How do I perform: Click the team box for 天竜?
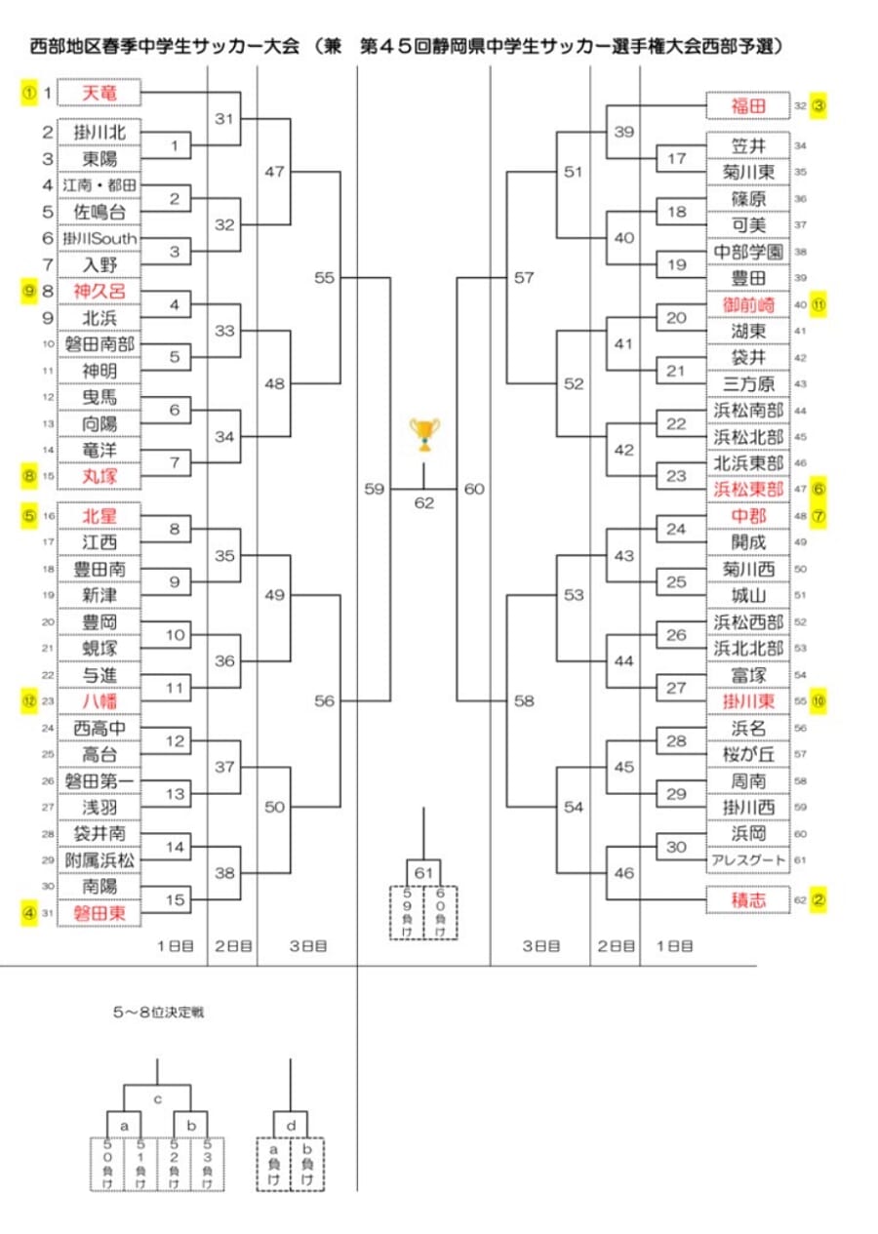(x=100, y=93)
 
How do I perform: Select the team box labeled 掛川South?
(x=100, y=238)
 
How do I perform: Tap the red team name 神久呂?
(x=100, y=291)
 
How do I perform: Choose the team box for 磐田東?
(x=100, y=912)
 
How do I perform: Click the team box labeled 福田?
(x=748, y=105)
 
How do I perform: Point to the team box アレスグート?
(x=748, y=860)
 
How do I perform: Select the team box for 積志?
(x=748, y=899)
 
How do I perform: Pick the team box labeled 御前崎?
(x=748, y=304)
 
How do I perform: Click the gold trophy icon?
(x=424, y=435)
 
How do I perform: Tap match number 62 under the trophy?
(x=424, y=503)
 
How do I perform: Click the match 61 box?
(x=423, y=871)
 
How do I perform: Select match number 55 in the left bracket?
(x=325, y=278)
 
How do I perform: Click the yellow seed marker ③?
(x=818, y=105)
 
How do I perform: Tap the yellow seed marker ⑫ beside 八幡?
(x=29, y=699)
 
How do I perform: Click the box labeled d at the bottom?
(x=291, y=1125)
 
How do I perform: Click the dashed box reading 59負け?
(x=407, y=912)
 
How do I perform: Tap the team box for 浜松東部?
(x=748, y=490)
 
